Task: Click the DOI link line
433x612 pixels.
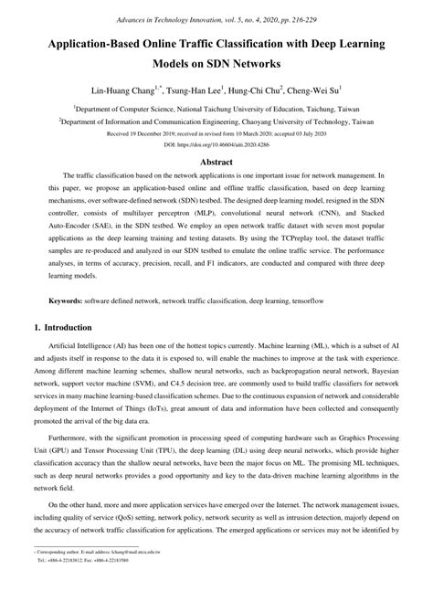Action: (x=216, y=145)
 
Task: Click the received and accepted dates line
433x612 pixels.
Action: (x=216, y=133)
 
